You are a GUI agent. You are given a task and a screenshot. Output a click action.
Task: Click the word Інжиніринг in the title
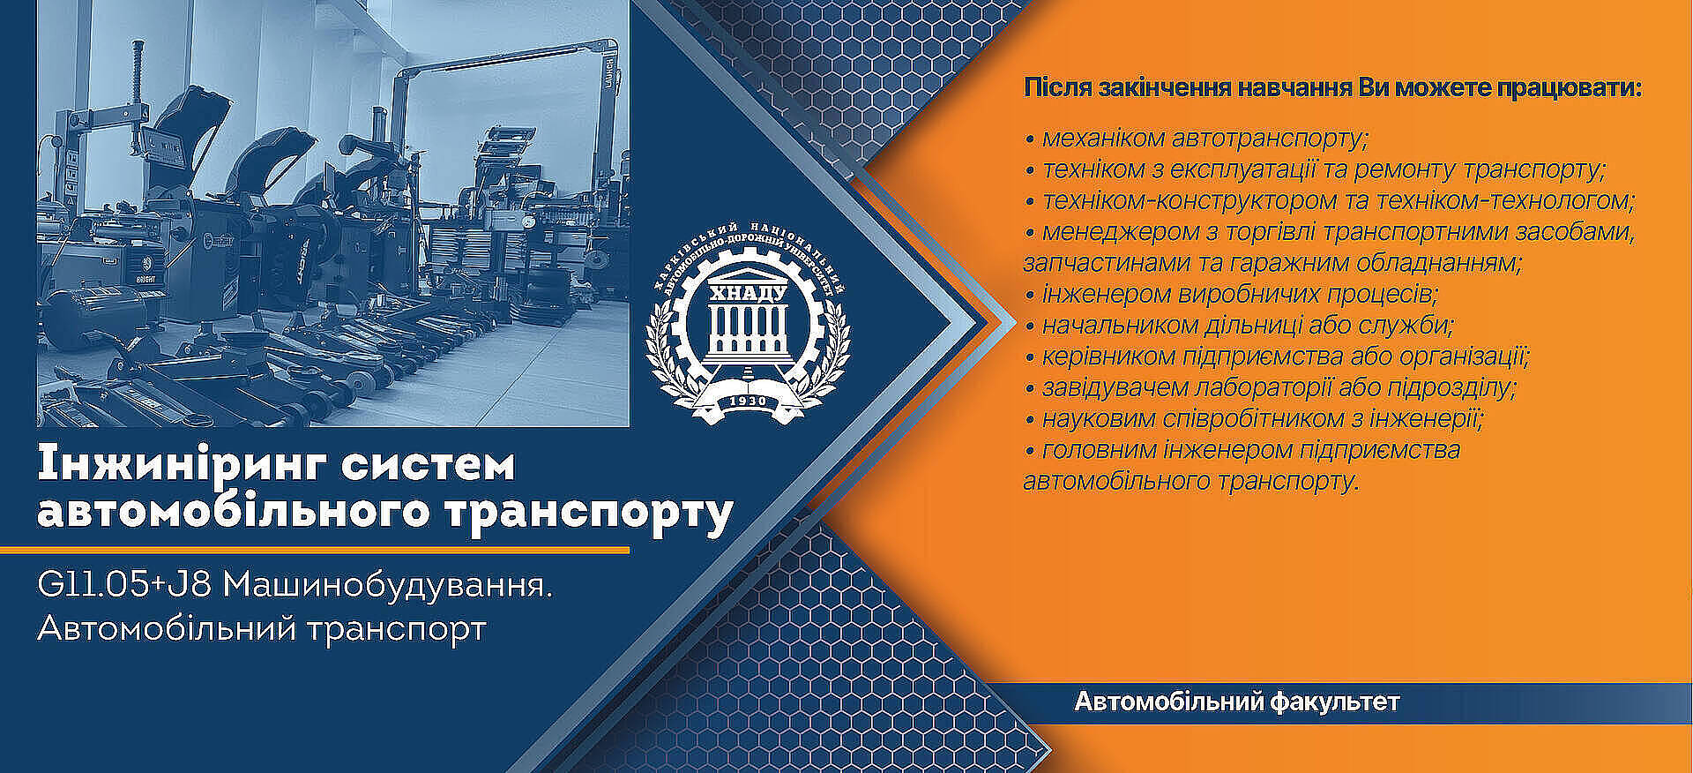(x=183, y=465)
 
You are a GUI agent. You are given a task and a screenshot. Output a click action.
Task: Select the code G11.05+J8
(x=124, y=585)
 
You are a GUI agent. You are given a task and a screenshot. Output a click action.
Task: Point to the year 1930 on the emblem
(x=749, y=402)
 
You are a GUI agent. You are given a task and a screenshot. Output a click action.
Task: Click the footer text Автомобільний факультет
(x=1236, y=702)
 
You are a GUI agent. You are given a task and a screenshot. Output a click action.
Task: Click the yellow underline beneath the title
(x=315, y=550)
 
